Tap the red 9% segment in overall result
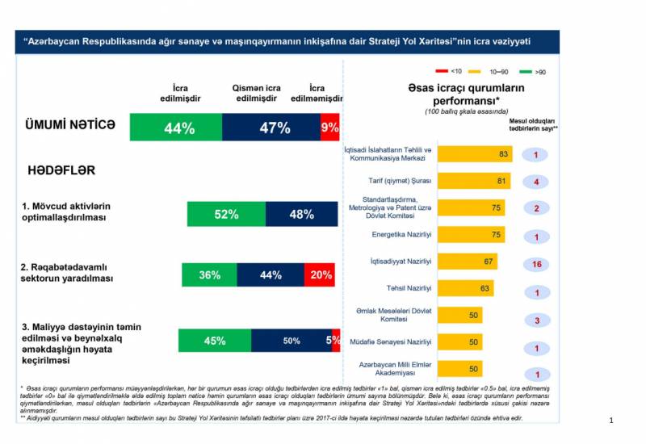coord(329,128)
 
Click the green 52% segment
coord(226,214)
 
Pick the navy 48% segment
coord(302,214)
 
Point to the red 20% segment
coord(321,274)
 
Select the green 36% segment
coord(209,274)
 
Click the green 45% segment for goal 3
coord(214,341)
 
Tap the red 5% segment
coord(333,341)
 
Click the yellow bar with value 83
coord(474,153)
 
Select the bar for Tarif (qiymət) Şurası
coord(473,181)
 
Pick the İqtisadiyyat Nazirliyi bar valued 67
coord(467,262)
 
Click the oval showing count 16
coord(536,264)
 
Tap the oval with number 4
coord(536,182)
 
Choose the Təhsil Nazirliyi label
coord(410,287)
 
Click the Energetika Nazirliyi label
coord(401,234)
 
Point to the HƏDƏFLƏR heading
coord(62,171)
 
